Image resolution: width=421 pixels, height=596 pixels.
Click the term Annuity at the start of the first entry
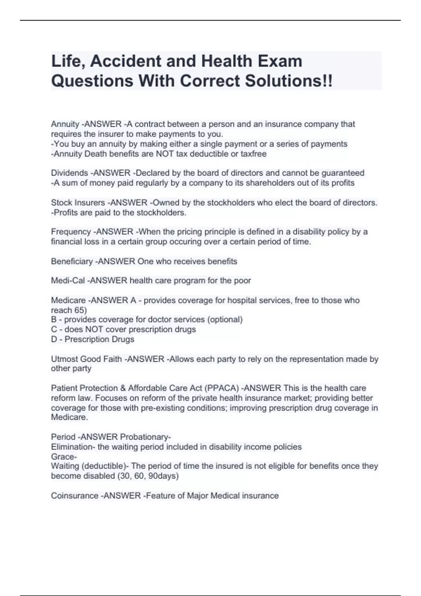[65, 124]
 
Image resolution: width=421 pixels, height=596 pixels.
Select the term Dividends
[69, 173]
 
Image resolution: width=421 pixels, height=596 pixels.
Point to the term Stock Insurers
[78, 203]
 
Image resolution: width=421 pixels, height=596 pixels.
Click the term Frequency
[71, 232]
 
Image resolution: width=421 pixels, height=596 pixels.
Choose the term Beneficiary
[72, 262]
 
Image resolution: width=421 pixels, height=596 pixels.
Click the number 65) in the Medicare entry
[80, 310]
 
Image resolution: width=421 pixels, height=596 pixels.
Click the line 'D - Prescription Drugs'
[93, 339]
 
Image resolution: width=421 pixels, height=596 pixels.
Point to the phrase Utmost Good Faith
[86, 359]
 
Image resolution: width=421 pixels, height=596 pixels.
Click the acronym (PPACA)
[223, 388]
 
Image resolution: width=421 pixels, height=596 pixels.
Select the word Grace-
[64, 457]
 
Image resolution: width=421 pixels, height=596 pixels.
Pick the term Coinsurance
[74, 496]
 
